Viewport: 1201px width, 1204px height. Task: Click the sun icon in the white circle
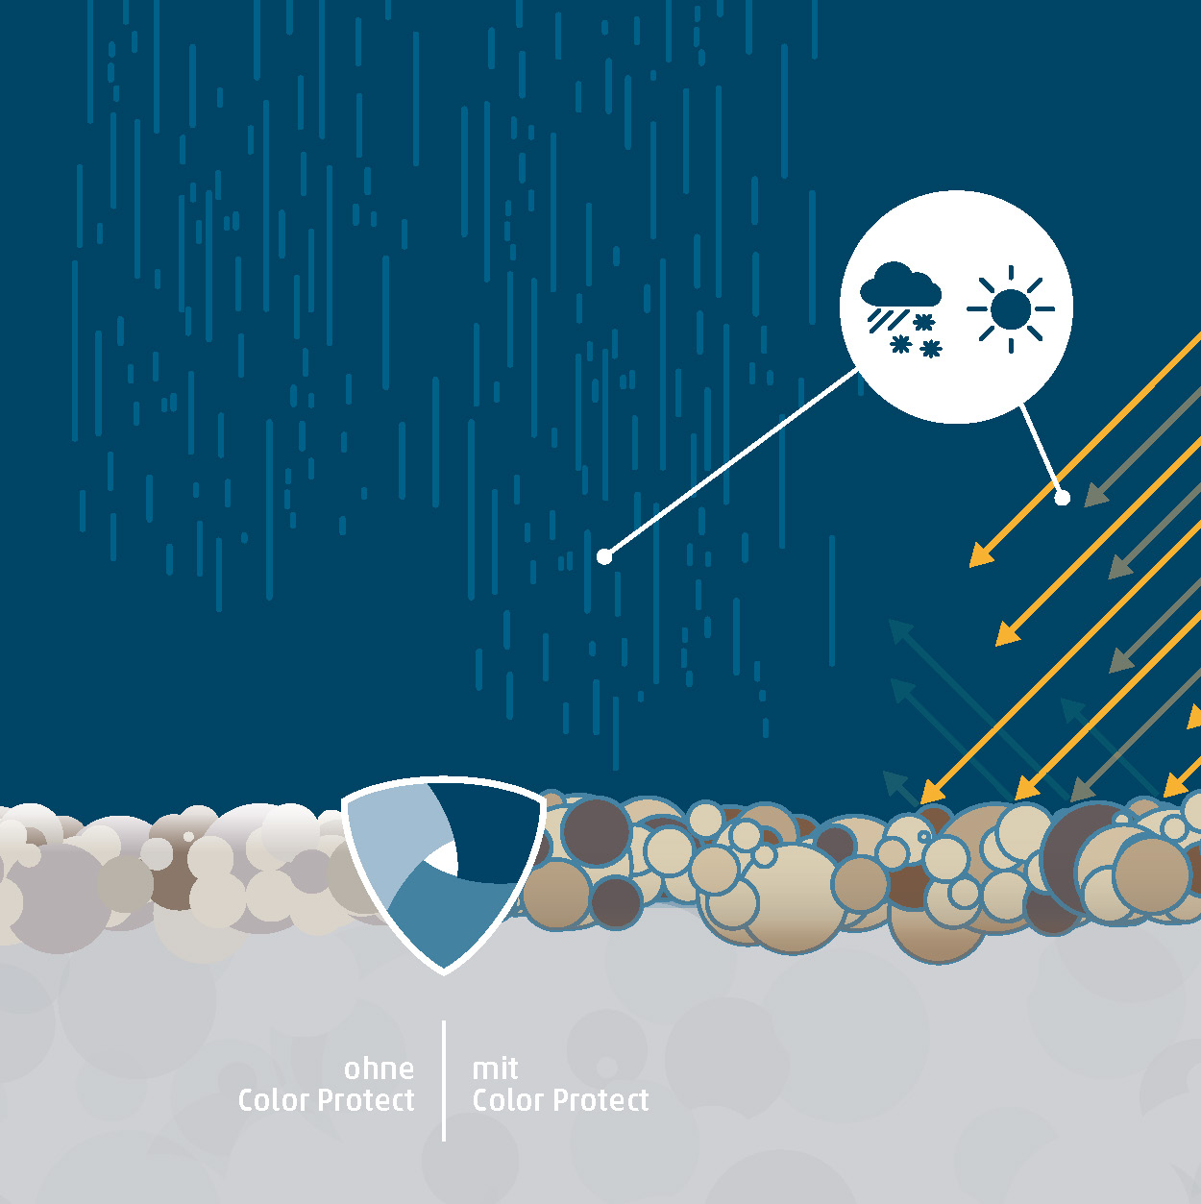pyautogui.click(x=1010, y=309)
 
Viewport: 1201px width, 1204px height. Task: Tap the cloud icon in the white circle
pyautogui.click(x=900, y=285)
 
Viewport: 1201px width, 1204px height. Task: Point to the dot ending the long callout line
pyautogui.click(x=604, y=556)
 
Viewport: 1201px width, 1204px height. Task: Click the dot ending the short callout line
pyautogui.click(x=1062, y=498)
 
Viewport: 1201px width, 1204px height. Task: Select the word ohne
pyautogui.click(x=379, y=1069)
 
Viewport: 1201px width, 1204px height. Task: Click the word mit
pyautogui.click(x=495, y=1069)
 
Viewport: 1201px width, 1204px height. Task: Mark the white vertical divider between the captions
pyautogui.click(x=444, y=1080)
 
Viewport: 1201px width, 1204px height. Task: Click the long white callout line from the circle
pyautogui.click(x=730, y=463)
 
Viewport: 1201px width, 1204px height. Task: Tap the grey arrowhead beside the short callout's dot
pyautogui.click(x=1094, y=496)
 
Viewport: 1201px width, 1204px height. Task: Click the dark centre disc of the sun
pyautogui.click(x=1010, y=309)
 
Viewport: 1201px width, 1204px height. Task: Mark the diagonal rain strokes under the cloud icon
pyautogui.click(x=881, y=320)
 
